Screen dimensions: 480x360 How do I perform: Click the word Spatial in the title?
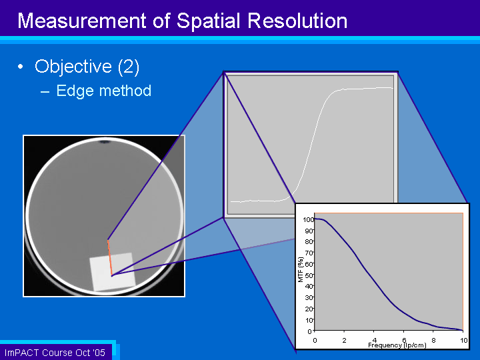tap(208, 21)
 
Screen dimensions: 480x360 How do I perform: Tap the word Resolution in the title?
tap(297, 21)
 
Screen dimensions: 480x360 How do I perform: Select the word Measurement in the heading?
tap(82, 21)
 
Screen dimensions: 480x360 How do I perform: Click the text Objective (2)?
tap(87, 67)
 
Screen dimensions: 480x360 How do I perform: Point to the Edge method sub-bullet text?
tap(104, 91)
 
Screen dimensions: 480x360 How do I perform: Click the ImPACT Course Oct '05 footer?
tap(55, 353)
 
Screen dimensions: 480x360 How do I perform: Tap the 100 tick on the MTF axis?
tap(308, 219)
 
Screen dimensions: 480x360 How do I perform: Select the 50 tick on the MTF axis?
tap(309, 275)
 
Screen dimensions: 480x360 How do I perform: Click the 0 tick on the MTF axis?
tap(309, 331)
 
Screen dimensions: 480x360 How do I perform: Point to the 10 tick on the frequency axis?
tap(464, 340)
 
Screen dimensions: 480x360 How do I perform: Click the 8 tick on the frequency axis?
tap(433, 340)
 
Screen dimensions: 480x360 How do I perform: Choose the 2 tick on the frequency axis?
tap(345, 340)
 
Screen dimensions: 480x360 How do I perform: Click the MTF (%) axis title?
tap(300, 269)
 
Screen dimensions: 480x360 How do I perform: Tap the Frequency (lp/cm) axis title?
tap(397, 345)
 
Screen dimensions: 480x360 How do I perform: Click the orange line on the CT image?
tap(110, 257)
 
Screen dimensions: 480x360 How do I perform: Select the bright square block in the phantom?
tap(113, 272)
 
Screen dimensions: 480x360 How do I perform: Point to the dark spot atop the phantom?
tap(105, 142)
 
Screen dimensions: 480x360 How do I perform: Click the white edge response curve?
tap(312, 144)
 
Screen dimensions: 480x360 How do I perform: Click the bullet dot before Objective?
tap(21, 67)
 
